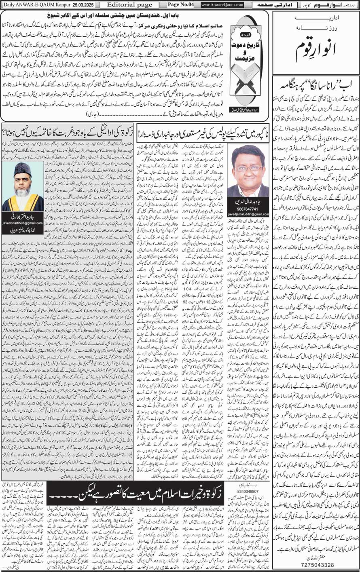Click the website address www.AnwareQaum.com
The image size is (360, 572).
pos(222,5)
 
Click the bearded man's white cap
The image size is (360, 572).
pos(23,167)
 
